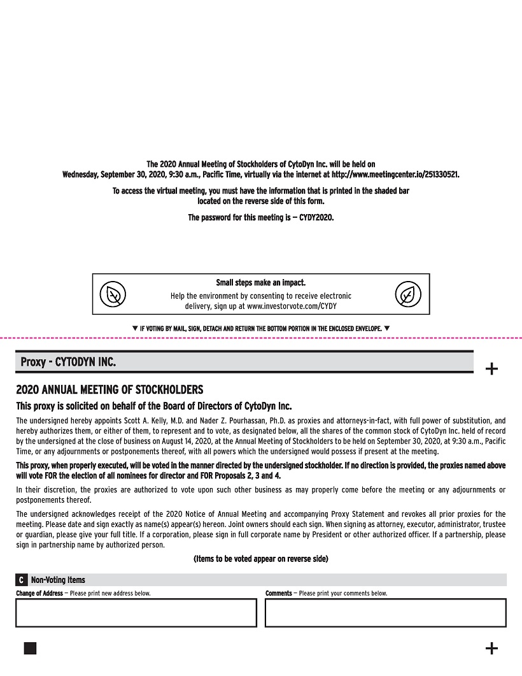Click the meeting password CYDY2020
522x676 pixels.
pyautogui.click(x=316, y=217)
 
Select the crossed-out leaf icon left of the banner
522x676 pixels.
pyautogui.click(x=113, y=294)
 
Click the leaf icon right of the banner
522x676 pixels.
pyautogui.click(x=408, y=294)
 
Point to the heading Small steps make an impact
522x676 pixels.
pyautogui.click(x=260, y=282)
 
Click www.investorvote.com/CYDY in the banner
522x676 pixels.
pyautogui.click(x=292, y=306)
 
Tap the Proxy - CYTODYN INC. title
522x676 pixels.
pyautogui.click(x=68, y=362)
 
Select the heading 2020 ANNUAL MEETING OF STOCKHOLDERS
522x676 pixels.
pyautogui.click(x=109, y=389)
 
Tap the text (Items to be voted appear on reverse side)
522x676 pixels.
pyautogui.click(x=260, y=559)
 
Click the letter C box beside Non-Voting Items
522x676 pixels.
pyautogui.click(x=22, y=580)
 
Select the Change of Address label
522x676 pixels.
pyautogui.click(x=39, y=593)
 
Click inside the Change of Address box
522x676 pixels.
pyautogui.click(x=136, y=613)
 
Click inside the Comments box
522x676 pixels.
pyautogui.click(x=385, y=613)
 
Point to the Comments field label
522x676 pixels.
pyautogui.click(x=279, y=593)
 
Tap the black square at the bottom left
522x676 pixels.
pyautogui.click(x=30, y=648)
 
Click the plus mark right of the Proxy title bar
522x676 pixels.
pyautogui.click(x=491, y=368)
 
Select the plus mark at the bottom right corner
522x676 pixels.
pyautogui.click(x=491, y=648)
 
